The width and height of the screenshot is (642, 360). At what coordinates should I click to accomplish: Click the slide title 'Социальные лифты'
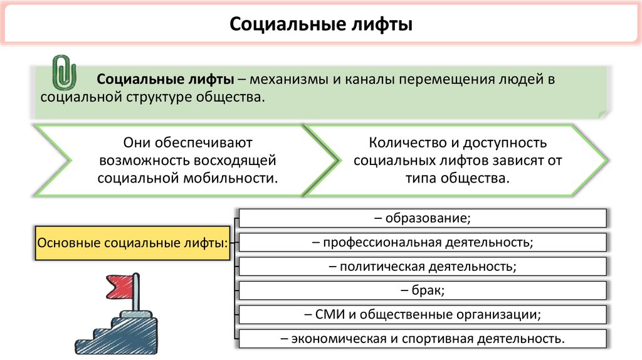[x=320, y=26]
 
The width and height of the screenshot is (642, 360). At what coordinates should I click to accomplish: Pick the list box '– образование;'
[x=423, y=218]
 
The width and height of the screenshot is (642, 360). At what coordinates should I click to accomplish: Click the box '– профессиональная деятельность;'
[x=423, y=242]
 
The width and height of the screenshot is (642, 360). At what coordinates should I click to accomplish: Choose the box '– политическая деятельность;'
[x=423, y=267]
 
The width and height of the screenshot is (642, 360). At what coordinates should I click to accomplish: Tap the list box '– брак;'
[x=423, y=290]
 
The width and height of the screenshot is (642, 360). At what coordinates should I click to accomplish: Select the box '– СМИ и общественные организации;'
[x=423, y=314]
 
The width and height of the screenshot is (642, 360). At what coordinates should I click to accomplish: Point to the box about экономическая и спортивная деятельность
[x=423, y=339]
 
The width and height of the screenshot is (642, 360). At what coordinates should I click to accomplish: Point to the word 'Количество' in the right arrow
[x=401, y=144]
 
